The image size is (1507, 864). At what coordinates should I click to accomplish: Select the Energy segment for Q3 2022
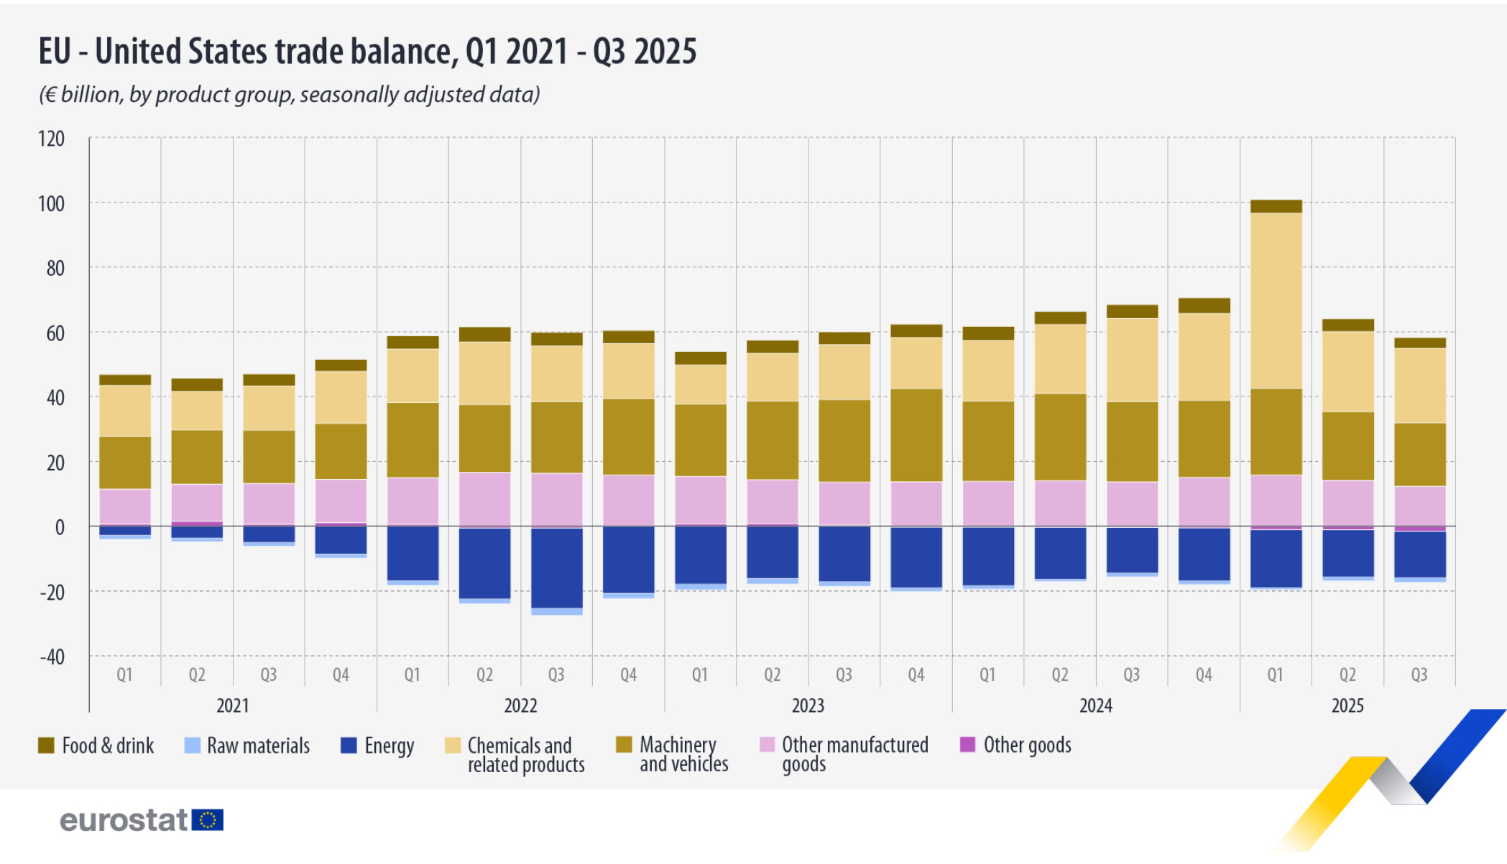(x=556, y=567)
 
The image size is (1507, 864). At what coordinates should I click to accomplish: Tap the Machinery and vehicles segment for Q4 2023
(x=916, y=435)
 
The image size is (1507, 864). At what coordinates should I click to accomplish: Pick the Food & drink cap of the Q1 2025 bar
(x=1276, y=206)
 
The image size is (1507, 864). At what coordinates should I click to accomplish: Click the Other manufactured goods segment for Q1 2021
(x=125, y=506)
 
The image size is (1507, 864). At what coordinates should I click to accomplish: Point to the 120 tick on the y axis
(x=51, y=139)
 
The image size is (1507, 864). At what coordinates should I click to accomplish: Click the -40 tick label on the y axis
(x=51, y=656)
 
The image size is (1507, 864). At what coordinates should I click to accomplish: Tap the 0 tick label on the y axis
(x=60, y=527)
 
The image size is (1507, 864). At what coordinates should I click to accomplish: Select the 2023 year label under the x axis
(x=808, y=705)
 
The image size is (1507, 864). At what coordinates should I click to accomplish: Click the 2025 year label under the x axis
(x=1347, y=705)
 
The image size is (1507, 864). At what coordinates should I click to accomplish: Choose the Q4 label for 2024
(x=1204, y=675)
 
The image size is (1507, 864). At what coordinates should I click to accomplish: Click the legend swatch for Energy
(x=349, y=745)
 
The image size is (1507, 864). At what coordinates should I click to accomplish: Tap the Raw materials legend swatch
(x=192, y=745)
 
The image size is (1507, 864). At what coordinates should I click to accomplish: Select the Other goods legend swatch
(x=967, y=744)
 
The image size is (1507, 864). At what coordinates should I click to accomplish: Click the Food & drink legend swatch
(x=46, y=745)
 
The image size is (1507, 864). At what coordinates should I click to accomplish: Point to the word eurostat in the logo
(x=124, y=820)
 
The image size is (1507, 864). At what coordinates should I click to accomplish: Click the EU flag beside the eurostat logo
(x=208, y=820)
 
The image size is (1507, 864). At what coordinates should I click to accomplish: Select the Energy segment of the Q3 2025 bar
(x=1419, y=554)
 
